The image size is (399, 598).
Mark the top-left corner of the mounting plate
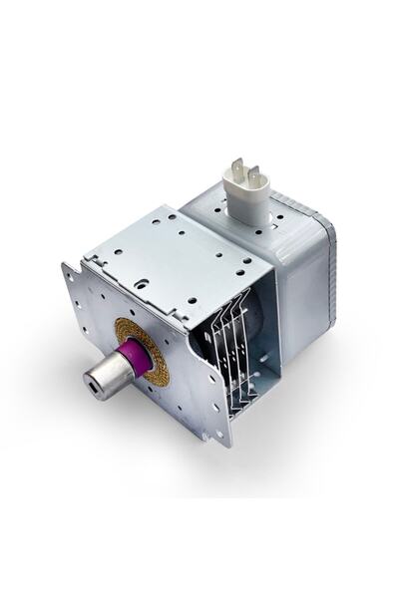[x=66, y=266]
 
